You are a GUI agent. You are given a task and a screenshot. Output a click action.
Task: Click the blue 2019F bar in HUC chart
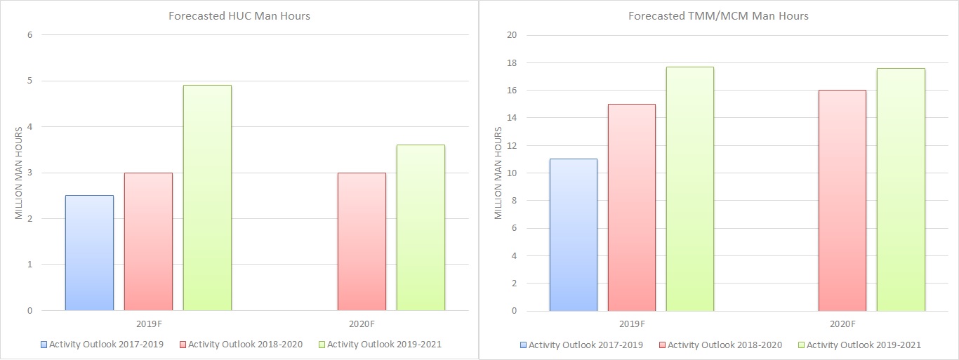click(x=89, y=253)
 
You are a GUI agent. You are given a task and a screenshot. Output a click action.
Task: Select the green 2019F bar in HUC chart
click(x=207, y=198)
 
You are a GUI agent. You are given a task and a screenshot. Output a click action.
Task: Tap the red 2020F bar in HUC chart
click(x=362, y=241)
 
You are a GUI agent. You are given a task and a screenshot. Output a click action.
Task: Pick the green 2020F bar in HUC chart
click(x=421, y=227)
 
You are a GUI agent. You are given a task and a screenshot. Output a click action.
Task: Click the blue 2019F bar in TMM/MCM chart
click(x=573, y=234)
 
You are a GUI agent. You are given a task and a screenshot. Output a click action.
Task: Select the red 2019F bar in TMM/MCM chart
click(x=632, y=207)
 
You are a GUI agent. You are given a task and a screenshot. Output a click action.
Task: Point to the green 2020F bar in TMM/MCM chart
click(x=901, y=189)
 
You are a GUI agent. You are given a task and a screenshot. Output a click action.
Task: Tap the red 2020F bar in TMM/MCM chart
click(x=842, y=200)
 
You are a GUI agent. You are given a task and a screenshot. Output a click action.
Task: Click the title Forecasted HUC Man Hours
click(x=239, y=16)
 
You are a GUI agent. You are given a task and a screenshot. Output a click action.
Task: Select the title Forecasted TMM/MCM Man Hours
click(x=719, y=16)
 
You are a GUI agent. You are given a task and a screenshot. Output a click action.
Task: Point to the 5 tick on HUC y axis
click(x=29, y=81)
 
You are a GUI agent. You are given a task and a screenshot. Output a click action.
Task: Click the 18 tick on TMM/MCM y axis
click(x=511, y=63)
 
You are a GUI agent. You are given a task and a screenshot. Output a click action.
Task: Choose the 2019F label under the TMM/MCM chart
click(x=633, y=324)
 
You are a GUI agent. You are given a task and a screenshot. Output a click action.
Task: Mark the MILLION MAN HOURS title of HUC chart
click(x=19, y=173)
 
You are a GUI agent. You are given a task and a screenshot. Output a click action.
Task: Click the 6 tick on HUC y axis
click(x=29, y=35)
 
